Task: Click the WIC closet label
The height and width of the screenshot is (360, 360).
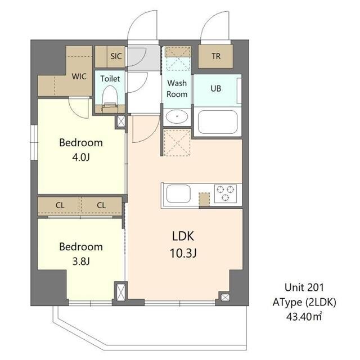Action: [x=79, y=76]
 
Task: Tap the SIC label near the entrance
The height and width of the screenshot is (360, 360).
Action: [x=116, y=56]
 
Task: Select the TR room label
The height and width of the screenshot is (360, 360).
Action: [x=216, y=56]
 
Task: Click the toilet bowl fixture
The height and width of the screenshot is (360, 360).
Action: [x=110, y=96]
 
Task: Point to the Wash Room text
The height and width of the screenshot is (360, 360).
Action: [x=177, y=88]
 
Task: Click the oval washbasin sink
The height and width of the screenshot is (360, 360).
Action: [x=177, y=116]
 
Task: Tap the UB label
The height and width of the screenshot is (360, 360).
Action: [x=216, y=88]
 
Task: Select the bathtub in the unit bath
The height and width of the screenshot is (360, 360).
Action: [x=218, y=122]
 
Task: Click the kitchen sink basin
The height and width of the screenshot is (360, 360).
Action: [x=178, y=193]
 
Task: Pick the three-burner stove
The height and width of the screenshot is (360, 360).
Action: [x=226, y=193]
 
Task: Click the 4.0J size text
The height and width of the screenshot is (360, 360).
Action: [x=81, y=157]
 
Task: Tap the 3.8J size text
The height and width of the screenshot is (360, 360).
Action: [x=81, y=262]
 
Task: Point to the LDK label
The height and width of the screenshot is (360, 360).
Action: [x=183, y=236]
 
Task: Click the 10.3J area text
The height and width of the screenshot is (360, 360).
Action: [x=183, y=254]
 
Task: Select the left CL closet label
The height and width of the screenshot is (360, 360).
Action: [x=60, y=205]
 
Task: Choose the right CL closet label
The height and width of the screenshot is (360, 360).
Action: [x=101, y=205]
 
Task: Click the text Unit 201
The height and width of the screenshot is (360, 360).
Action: [x=304, y=287]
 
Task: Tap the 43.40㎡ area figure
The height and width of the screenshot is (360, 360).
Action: [x=304, y=317]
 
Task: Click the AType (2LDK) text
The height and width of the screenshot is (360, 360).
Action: [x=304, y=303]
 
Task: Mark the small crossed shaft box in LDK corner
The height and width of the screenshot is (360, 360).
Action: [x=225, y=298]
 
